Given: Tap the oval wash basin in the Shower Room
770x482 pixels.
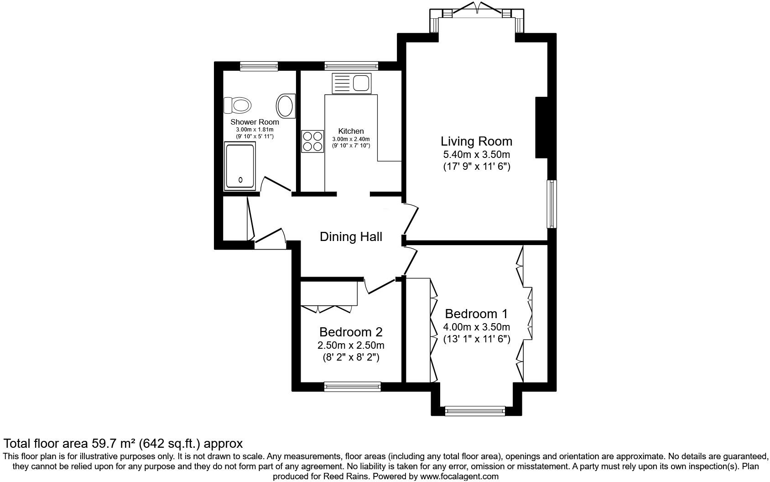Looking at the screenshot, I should pos(286,105).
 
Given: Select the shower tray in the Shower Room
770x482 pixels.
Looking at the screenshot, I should pos(239,166).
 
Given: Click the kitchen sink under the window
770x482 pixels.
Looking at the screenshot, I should pos(352,84).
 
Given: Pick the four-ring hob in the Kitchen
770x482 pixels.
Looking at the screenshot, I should pos(312,141).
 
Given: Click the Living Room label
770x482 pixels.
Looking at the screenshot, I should pos(476,141).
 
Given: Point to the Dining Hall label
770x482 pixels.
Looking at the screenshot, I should pos(351,237).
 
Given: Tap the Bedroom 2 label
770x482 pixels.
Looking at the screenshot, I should pos(351,332).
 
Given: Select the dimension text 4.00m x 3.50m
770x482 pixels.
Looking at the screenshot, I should pos(476,327).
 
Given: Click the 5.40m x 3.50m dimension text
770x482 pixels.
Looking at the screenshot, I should pos(476,155).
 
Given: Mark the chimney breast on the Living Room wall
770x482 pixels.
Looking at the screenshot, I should pos(541,127).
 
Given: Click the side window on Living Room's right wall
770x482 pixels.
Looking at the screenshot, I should pos(552,204).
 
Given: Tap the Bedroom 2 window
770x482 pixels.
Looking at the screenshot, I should pos(352,387).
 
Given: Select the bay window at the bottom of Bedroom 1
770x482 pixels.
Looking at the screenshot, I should pos(475,411).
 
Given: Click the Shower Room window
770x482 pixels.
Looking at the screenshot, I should pos(259,66).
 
